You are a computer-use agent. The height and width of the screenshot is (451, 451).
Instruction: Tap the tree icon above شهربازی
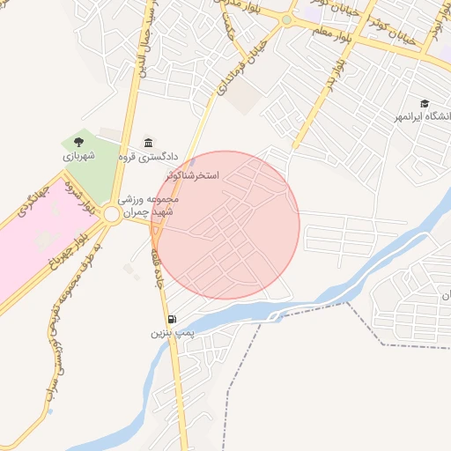(78, 142)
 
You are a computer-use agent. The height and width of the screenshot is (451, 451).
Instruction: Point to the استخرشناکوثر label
(207, 176)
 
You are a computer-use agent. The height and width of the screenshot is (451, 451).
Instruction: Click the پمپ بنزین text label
(170, 334)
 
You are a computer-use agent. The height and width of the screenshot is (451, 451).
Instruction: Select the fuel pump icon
(170, 320)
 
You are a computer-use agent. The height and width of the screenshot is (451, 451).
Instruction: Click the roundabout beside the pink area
(111, 214)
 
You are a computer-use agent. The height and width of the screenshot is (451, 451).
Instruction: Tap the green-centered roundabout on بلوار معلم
(286, 19)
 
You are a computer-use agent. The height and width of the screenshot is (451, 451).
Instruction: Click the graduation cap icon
(425, 103)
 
